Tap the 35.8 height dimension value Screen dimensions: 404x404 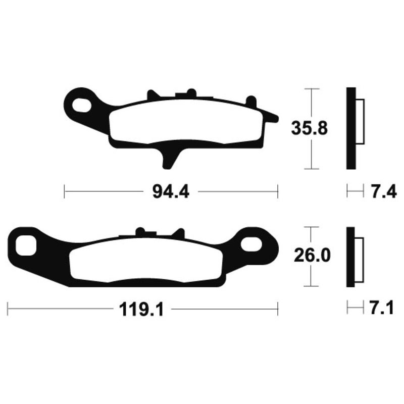click(x=309, y=129)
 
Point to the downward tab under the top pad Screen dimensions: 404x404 click(x=169, y=156)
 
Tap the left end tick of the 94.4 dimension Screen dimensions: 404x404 click(x=65, y=192)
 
